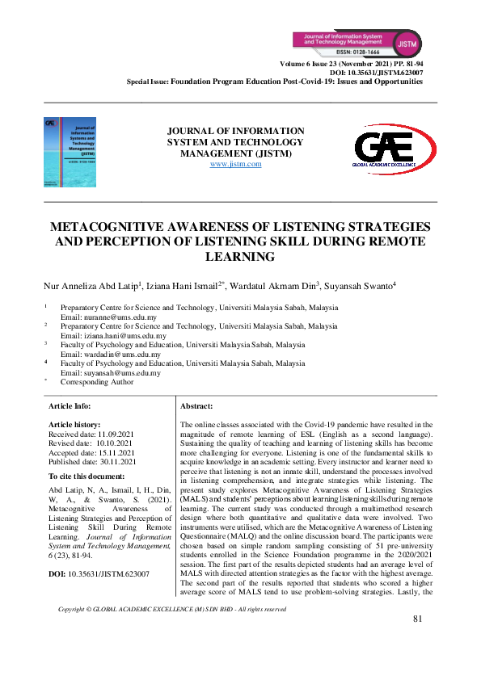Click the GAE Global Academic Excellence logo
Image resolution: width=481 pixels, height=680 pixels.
(385, 152)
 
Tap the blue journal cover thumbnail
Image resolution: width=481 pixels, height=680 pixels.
(70, 152)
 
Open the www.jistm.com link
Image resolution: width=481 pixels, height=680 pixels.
(235, 164)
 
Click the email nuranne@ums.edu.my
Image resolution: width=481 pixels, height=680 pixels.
(114, 317)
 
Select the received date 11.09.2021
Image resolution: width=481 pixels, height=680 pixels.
(115, 434)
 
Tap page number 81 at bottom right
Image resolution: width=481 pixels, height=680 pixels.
(417, 641)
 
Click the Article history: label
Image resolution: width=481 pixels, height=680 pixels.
(74, 424)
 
